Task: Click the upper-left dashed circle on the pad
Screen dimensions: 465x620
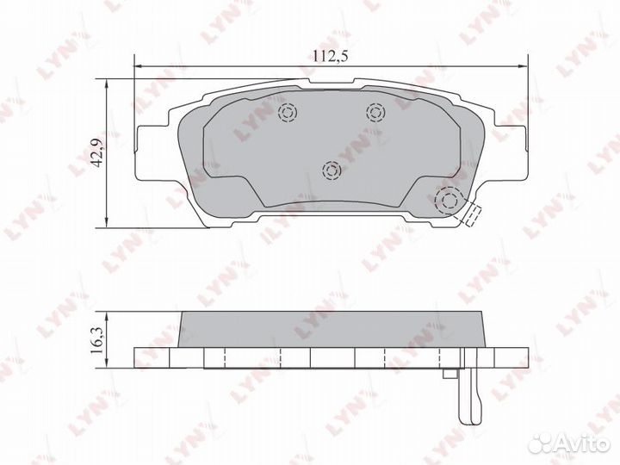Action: [x=288, y=113]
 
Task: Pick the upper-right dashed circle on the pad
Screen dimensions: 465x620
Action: [x=375, y=111]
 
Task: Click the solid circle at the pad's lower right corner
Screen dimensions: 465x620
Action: [x=449, y=201]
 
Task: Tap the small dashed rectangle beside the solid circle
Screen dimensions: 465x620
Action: [x=470, y=215]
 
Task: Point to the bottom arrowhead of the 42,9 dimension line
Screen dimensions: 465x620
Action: [x=106, y=220]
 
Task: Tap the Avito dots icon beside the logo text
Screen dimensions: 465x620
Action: [x=542, y=443]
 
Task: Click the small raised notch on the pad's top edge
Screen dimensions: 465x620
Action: [x=332, y=83]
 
